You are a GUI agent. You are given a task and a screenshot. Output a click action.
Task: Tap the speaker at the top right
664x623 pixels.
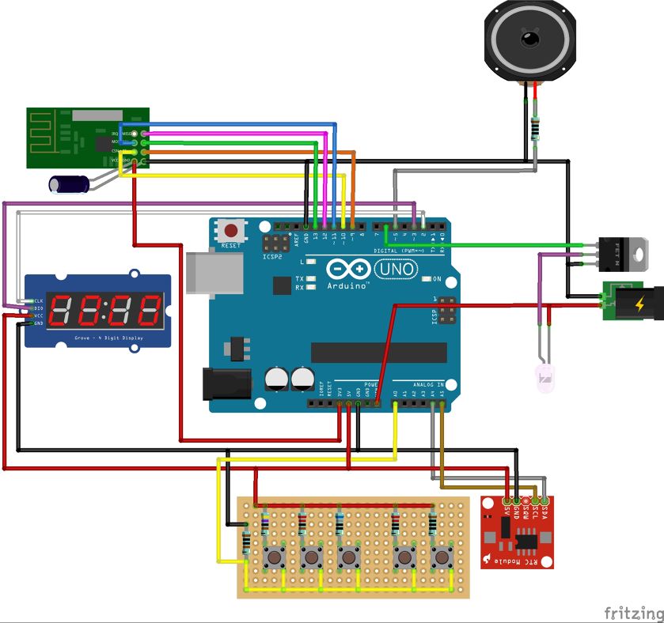528,40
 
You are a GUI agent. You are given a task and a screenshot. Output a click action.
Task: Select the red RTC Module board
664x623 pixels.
518,532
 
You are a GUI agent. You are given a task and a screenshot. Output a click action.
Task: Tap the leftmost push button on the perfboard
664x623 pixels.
275,557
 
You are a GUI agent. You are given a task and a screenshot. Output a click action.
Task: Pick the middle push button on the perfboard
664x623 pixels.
347,557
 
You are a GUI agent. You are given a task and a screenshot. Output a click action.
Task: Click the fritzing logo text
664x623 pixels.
633,613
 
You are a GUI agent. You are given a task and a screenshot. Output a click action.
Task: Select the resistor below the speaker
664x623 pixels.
537,127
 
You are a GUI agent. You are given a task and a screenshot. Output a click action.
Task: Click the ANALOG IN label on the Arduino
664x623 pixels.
419,385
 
